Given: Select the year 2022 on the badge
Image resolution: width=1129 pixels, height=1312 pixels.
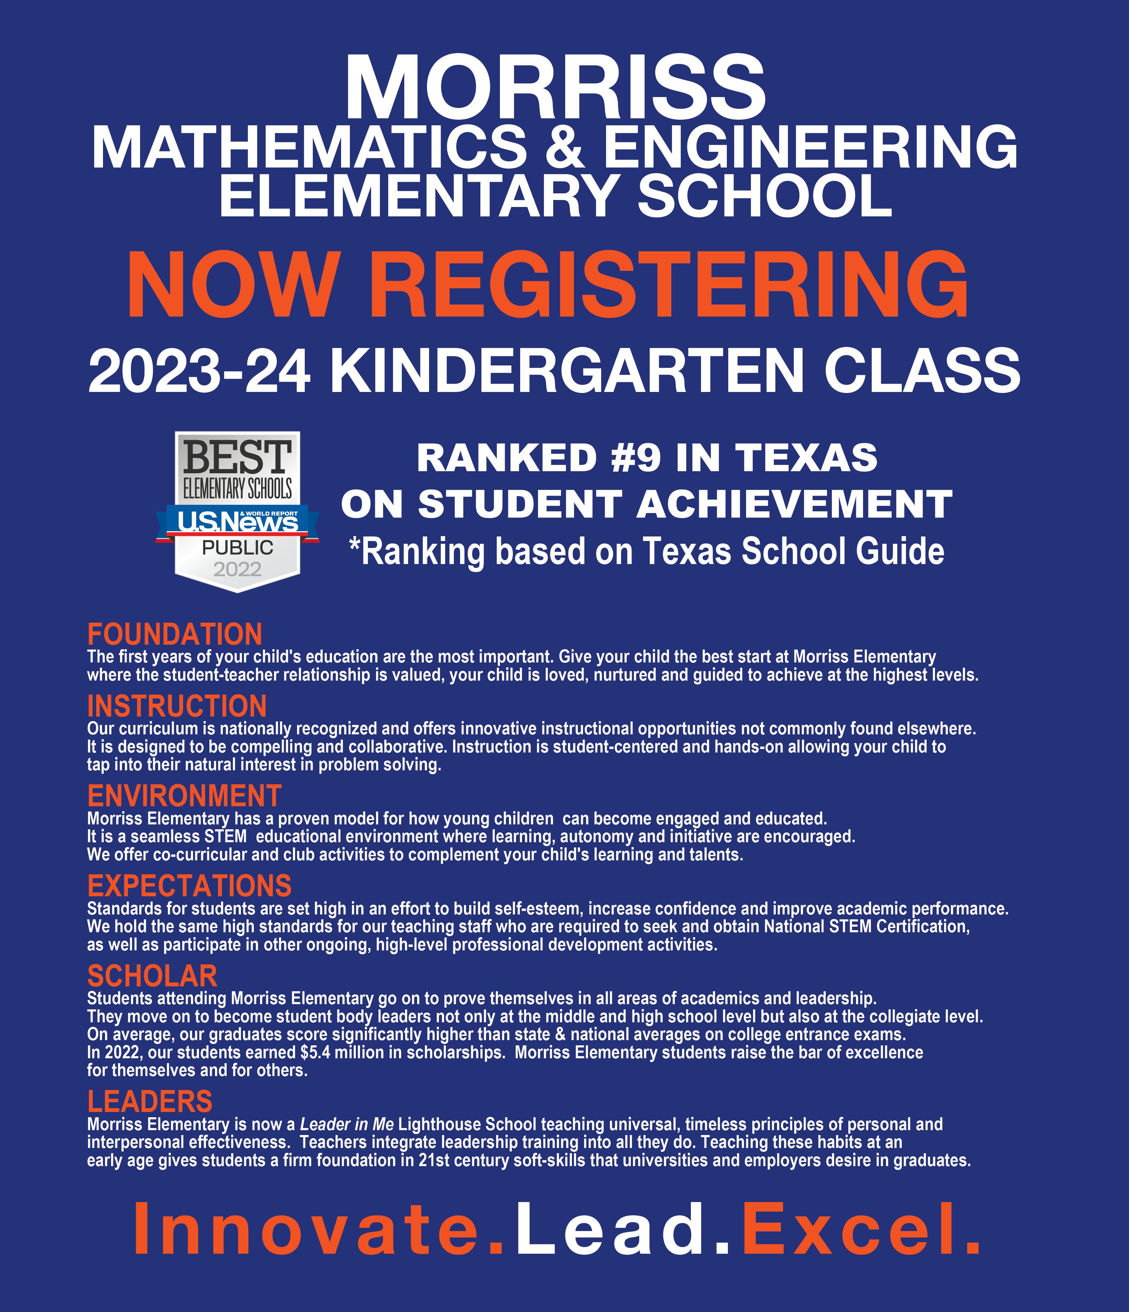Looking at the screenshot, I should [237, 569].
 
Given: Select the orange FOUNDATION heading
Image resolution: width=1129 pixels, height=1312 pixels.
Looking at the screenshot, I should [175, 635].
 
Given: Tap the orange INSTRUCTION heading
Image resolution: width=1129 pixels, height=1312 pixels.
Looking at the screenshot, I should [177, 706].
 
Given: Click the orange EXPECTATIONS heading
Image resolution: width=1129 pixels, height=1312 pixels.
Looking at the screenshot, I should [189, 886].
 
